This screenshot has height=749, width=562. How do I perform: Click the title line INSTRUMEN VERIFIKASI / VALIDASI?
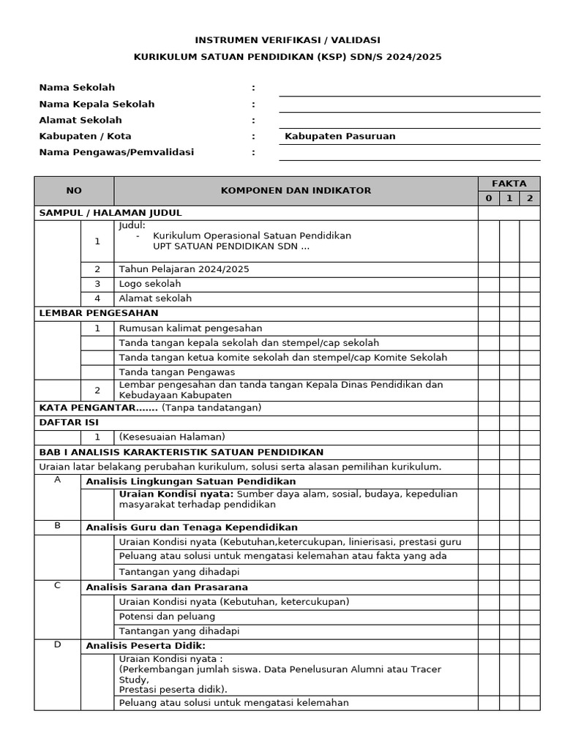click(287, 40)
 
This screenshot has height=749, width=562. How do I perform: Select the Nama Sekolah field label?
click(77, 88)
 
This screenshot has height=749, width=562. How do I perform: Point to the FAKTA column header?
click(509, 184)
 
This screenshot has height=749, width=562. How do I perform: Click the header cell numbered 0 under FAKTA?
click(489, 198)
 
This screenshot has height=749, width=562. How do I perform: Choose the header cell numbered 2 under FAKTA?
click(530, 198)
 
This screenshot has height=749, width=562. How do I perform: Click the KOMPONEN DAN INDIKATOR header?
click(296, 191)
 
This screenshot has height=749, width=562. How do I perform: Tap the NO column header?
click(74, 191)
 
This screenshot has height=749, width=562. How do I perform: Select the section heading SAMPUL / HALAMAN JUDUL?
click(110, 213)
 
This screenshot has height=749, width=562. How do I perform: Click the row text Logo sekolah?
click(150, 284)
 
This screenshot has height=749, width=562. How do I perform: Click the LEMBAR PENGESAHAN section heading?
click(99, 313)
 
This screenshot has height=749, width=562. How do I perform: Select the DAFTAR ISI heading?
click(69, 422)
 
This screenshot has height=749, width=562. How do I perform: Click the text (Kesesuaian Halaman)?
click(172, 437)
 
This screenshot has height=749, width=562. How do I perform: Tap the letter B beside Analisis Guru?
click(57, 526)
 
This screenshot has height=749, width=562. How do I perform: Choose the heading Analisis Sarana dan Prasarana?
click(167, 587)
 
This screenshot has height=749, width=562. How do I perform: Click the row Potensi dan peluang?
click(167, 616)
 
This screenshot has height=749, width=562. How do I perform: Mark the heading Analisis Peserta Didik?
click(146, 645)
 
